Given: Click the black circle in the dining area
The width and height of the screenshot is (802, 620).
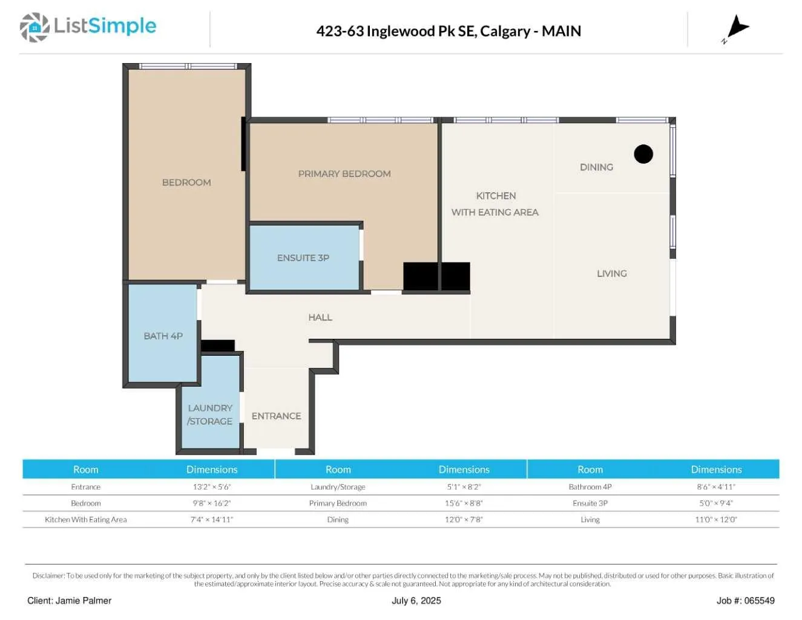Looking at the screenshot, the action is [643, 154].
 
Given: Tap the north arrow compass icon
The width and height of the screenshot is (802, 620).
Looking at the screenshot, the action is [736, 28].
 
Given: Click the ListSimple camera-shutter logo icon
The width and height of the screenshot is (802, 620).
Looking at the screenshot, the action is [35, 27].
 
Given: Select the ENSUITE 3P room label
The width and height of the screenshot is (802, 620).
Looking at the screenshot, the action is [303, 258].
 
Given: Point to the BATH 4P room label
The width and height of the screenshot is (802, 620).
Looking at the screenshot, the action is [163, 336].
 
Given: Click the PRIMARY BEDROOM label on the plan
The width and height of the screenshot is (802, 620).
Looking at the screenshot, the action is [344, 174].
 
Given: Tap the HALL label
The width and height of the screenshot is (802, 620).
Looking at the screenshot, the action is [320, 317].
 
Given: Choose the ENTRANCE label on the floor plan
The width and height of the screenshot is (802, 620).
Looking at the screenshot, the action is [276, 416].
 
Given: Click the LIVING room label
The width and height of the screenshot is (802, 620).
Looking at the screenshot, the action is [611, 273].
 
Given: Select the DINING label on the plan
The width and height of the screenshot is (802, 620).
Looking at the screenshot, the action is [596, 167].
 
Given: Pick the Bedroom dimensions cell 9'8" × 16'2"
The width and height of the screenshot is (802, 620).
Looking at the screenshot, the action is [212, 503].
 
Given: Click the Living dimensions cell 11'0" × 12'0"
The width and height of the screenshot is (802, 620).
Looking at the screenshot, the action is [716, 519].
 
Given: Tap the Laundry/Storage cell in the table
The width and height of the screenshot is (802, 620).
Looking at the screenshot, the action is [338, 487].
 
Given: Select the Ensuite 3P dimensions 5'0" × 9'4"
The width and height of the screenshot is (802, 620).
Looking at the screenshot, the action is [716, 503].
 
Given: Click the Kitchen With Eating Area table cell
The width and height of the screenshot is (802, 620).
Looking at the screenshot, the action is [85, 519].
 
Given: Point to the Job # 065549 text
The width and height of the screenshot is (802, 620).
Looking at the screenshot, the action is [746, 601].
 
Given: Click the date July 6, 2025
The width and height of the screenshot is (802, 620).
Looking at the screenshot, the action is [416, 601].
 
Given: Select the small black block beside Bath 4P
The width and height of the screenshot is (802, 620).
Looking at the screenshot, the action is [218, 345].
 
